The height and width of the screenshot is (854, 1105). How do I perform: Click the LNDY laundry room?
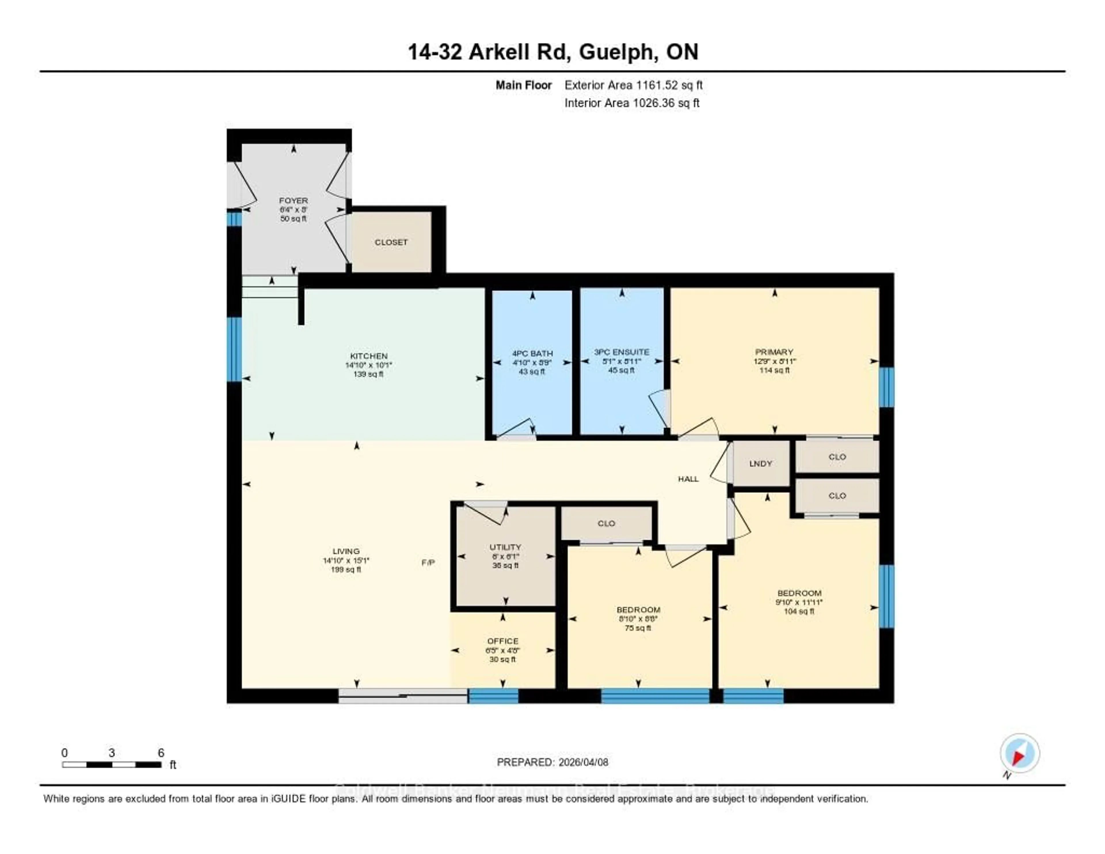(x=761, y=464)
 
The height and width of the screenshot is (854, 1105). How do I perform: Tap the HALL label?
(x=688, y=479)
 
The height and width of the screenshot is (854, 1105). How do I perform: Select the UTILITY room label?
(x=505, y=547)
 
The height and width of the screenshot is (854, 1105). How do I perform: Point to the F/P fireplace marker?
(x=428, y=562)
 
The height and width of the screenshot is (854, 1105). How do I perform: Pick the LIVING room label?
(x=346, y=551)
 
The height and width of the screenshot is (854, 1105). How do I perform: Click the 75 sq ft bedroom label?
(x=638, y=610)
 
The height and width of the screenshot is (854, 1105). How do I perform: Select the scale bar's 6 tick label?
(x=161, y=753)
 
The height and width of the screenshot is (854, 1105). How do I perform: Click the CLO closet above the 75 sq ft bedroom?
(x=606, y=523)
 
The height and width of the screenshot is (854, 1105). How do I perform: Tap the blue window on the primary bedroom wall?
(x=886, y=387)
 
